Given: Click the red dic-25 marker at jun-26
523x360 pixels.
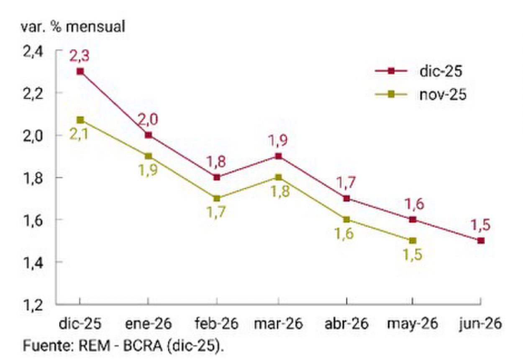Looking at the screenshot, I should (481, 240).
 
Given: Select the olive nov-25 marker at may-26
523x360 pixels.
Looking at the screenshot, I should (413, 240).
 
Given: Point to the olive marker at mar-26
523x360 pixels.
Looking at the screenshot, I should (278, 177).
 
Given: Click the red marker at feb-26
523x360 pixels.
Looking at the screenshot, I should (217, 177).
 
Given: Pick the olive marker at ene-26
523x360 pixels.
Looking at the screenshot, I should (149, 156).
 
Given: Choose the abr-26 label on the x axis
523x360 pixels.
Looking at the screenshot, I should (346, 324).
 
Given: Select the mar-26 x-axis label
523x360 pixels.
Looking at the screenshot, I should (278, 324).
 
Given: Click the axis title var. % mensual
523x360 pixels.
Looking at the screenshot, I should (73, 27).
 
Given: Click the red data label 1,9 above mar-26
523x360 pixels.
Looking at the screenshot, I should (278, 141).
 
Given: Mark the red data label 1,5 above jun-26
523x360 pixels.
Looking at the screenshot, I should (481, 225).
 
